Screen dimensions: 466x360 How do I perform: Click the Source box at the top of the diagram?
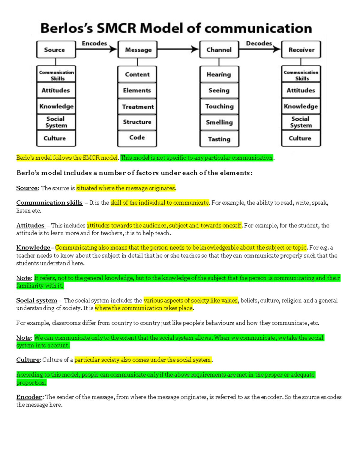(x=56, y=50)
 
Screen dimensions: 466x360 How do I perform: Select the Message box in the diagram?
(x=138, y=50)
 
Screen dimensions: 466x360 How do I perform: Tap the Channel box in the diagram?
(x=219, y=50)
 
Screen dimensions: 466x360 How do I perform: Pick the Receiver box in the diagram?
(x=301, y=50)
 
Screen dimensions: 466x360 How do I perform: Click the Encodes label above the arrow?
(x=94, y=44)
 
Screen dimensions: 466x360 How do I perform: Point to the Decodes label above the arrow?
(x=259, y=44)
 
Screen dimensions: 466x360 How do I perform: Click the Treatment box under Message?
(x=137, y=107)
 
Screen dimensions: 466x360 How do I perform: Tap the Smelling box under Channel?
(x=219, y=122)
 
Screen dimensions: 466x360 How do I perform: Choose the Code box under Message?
(x=137, y=138)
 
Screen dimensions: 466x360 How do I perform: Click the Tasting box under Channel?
(x=219, y=139)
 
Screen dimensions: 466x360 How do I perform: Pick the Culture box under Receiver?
(x=300, y=138)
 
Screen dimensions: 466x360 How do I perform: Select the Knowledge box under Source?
(x=56, y=106)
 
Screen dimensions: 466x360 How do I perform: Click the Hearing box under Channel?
(x=219, y=74)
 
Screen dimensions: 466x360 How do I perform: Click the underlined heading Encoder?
(x=29, y=397)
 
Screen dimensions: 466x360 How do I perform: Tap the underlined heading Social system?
(x=37, y=300)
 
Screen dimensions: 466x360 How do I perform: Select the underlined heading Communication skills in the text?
(x=49, y=203)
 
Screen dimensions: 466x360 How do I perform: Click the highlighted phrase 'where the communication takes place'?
(x=144, y=308)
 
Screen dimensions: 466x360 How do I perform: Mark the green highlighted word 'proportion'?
(x=31, y=383)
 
